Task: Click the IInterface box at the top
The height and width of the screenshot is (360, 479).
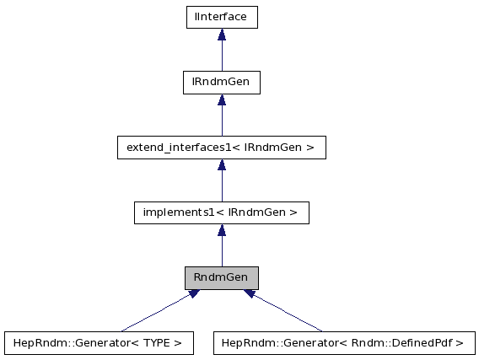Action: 221,17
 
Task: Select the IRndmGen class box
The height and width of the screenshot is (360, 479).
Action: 221,82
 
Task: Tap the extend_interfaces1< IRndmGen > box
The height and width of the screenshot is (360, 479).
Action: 221,148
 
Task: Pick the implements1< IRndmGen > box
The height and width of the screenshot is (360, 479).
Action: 221,212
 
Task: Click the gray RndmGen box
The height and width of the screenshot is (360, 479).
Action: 221,277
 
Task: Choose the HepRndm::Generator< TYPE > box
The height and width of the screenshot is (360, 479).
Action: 99,343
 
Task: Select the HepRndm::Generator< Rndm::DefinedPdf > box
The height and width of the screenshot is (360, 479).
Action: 344,343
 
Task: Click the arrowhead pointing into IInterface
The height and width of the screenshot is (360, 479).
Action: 221,35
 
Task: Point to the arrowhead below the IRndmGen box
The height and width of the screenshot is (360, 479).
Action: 221,99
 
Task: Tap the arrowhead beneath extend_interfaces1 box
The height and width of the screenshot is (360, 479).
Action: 221,165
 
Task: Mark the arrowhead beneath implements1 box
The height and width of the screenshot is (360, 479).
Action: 221,230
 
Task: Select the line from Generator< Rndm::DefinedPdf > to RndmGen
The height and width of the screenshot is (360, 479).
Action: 287,313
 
